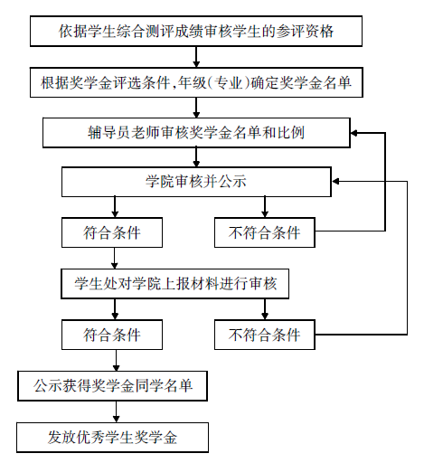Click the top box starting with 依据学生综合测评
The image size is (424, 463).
pyautogui.click(x=196, y=31)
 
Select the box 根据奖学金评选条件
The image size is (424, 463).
pyautogui.click(x=196, y=82)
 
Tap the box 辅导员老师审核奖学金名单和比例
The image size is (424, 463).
pyautogui.click(x=196, y=133)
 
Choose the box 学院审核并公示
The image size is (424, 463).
pyautogui.click(x=196, y=182)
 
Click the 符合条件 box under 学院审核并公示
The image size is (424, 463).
pyautogui.click(x=112, y=232)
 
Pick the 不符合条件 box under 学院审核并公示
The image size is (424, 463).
pyautogui.click(x=265, y=232)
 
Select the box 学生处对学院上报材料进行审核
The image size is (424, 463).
pyautogui.click(x=174, y=284)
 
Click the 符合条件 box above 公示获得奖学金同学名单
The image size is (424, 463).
pyautogui.click(x=112, y=335)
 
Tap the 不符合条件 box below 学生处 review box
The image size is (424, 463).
pyautogui.click(x=265, y=335)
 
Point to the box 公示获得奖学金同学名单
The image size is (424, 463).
pyautogui.click(x=112, y=386)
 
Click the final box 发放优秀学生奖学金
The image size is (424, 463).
pyautogui.click(x=112, y=438)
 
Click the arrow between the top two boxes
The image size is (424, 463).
pyautogui.click(x=196, y=57)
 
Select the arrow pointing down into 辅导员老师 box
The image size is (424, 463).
pyautogui.click(x=196, y=108)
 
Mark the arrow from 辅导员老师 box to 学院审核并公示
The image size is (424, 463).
pyautogui.click(x=196, y=157)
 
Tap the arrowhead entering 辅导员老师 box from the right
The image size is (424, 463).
pyautogui.click(x=354, y=133)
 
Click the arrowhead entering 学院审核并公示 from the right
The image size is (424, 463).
pyautogui.click(x=335, y=181)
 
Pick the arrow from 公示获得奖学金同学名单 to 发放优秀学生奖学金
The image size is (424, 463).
pyautogui.click(x=117, y=411)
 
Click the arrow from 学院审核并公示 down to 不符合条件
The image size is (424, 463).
pyautogui.click(x=265, y=207)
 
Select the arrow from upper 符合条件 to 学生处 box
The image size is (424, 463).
pyautogui.click(x=115, y=259)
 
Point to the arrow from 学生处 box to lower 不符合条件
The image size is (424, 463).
pyautogui.click(x=265, y=309)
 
